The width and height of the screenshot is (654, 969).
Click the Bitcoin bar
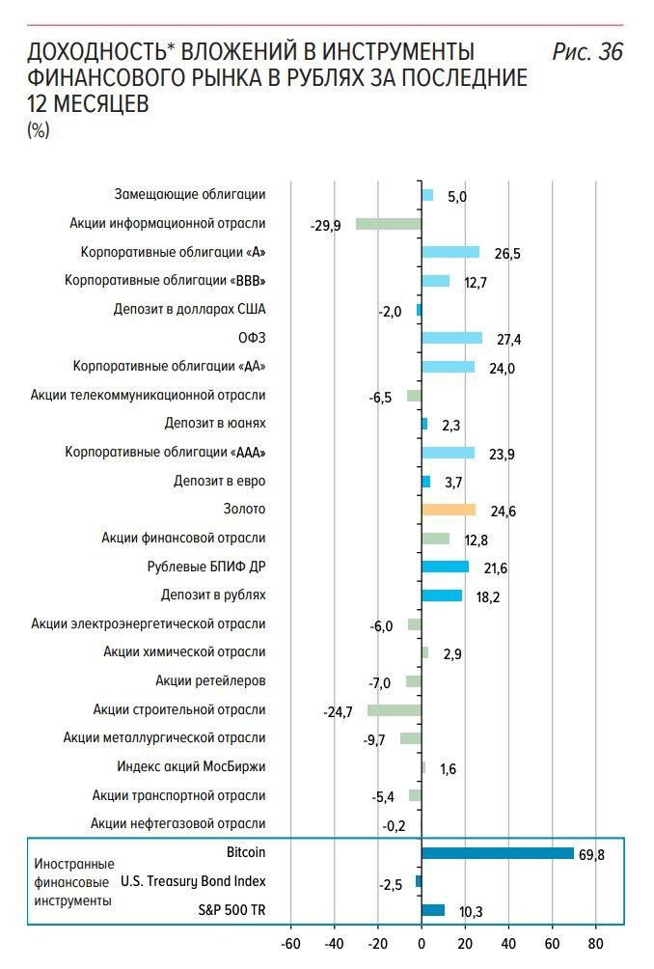497,853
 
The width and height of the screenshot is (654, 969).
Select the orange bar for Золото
449,510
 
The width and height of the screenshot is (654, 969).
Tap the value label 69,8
591,855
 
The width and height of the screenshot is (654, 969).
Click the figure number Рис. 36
586,53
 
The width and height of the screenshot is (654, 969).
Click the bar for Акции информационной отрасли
388,224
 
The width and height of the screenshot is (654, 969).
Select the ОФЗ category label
252,338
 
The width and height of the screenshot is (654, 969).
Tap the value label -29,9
326,226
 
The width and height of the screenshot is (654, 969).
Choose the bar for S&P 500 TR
433,910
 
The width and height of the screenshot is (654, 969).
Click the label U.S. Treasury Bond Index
193,881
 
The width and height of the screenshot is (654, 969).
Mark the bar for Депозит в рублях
442,595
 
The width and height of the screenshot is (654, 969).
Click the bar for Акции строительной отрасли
394,710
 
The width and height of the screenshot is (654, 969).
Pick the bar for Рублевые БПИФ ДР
445,567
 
